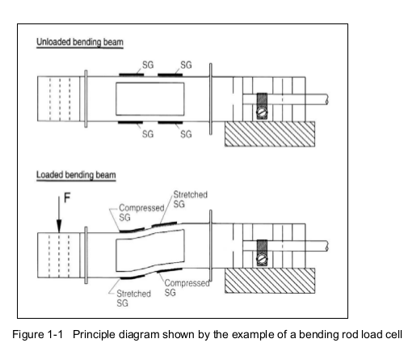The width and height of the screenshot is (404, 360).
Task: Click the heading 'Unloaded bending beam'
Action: click(80, 42)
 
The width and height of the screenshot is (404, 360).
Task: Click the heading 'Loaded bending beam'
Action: click(76, 175)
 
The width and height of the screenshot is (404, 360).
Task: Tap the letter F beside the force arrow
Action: click(67, 197)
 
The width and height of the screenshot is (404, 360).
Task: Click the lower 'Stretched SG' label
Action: click(133, 299)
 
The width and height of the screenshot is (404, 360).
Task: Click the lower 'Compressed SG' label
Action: click(187, 287)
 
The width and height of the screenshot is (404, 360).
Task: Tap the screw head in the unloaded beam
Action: click(262, 112)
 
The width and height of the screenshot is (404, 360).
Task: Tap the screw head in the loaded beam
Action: click(262, 259)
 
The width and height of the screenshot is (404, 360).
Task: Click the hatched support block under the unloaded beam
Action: click(270, 134)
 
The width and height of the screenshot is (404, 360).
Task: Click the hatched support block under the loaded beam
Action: click(270, 281)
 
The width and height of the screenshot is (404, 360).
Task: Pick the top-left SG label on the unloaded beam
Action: click(148, 65)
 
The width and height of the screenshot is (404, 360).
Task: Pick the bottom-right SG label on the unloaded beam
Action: click(186, 134)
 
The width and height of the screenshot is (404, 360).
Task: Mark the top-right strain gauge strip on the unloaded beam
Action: click(170, 74)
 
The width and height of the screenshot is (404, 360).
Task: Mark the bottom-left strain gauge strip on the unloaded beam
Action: click(130, 123)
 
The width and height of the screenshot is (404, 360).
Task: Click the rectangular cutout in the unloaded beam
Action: click(150, 99)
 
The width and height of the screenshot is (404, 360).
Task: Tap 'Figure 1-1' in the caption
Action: click(37, 334)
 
